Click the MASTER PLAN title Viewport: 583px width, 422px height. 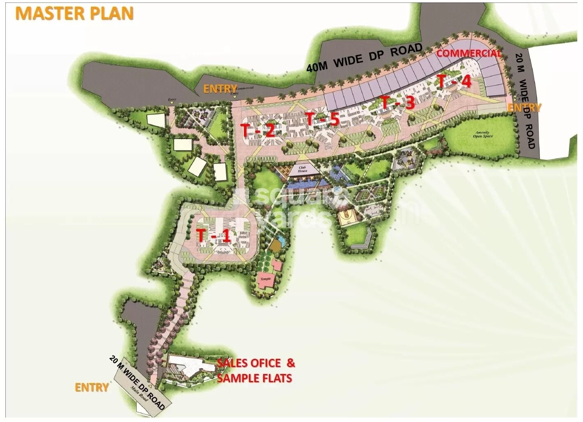[x=74, y=13]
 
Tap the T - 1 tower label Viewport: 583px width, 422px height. [x=213, y=236]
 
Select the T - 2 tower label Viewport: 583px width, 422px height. [x=258, y=131]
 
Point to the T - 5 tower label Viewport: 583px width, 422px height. [x=322, y=119]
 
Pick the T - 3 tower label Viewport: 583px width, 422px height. [x=397, y=102]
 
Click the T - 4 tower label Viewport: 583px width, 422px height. [x=454, y=81]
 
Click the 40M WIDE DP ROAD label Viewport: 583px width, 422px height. [x=365, y=57]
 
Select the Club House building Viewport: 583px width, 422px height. [x=303, y=169]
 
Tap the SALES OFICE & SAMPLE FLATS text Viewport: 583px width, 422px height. [x=255, y=370]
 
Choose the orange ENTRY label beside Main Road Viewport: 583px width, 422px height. [x=92, y=388]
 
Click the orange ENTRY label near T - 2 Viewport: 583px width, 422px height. [x=220, y=89]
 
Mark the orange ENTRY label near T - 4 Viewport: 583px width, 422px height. [x=524, y=108]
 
